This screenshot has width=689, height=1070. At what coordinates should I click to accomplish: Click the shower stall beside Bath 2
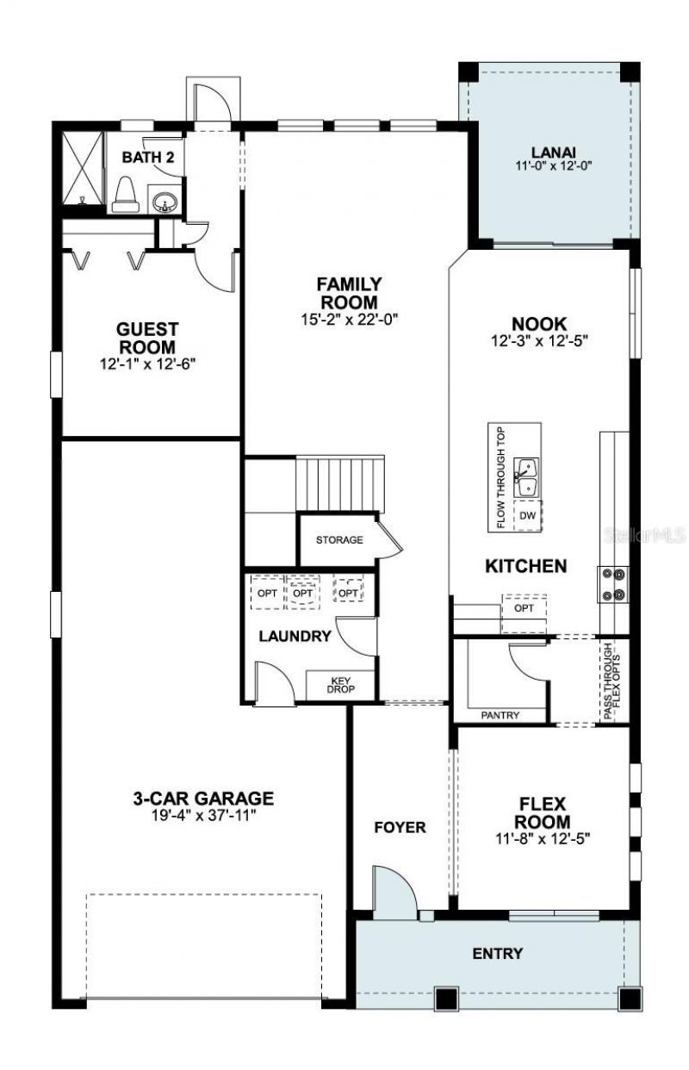82,168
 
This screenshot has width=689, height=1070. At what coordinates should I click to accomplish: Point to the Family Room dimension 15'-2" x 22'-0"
348,318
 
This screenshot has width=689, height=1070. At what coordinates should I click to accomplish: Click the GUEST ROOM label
148,337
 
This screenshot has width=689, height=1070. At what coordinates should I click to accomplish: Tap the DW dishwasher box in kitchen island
528,515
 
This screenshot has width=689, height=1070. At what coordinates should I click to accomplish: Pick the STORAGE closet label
338,540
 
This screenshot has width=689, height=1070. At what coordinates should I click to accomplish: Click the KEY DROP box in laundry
340,686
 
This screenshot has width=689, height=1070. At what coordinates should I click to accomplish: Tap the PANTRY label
500,715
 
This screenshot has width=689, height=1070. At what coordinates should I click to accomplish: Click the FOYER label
400,827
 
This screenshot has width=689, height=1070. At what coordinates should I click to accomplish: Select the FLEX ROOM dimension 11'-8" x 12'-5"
543,838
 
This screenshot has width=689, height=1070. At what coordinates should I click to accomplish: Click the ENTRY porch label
497,953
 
